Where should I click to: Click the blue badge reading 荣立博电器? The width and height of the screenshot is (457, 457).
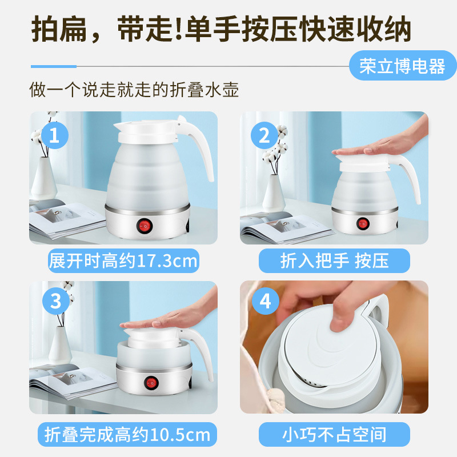pos(403,65)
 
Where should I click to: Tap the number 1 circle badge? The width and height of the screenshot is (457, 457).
pos(54,135)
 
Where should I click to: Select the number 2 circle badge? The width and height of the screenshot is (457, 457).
pos(264,135)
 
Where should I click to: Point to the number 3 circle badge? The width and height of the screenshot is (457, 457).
pos(55,301)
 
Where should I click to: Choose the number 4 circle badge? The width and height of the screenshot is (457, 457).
pos(266,301)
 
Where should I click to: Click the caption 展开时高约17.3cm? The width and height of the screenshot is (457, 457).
pos(123,260)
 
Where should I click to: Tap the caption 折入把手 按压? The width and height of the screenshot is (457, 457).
pos(334,260)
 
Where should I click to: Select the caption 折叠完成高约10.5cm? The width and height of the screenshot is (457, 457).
pos(127,434)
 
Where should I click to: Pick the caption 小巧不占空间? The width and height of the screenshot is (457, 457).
pos(334,434)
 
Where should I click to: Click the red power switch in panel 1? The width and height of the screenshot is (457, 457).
pos(145,226)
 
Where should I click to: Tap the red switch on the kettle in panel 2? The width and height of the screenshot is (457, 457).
pos(363,223)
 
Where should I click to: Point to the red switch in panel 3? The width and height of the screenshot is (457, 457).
pos(151,382)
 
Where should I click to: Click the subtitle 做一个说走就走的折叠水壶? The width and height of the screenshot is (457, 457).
pos(134,89)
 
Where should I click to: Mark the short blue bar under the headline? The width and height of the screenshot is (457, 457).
pos(54,66)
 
